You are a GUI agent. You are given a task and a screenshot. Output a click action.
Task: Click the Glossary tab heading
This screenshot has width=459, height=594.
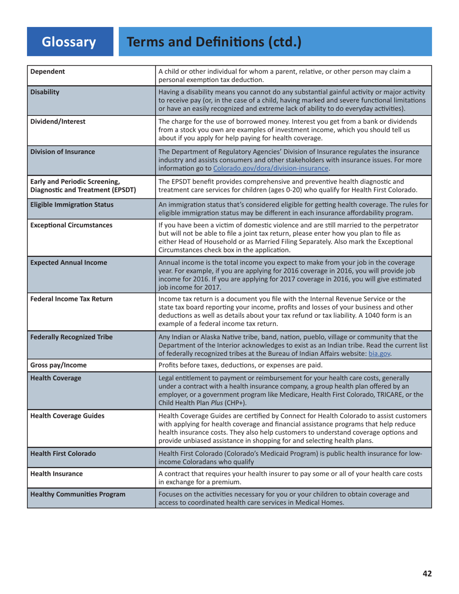pos(69,42)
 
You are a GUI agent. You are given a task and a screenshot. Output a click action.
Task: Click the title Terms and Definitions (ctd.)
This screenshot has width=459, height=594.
pos(214,42)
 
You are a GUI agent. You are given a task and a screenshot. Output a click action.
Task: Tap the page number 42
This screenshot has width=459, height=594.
pos(427,574)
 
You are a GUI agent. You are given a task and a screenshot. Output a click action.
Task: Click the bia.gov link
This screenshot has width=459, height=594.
pos(379,354)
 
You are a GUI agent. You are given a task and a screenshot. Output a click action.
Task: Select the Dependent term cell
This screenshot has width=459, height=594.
pos(47,72)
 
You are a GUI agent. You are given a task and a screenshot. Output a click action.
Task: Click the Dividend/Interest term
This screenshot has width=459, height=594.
pos(57,122)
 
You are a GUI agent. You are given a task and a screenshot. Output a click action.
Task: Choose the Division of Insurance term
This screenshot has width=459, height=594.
pos(62,152)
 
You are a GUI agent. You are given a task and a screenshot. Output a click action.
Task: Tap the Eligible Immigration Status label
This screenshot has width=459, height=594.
pos(72,204)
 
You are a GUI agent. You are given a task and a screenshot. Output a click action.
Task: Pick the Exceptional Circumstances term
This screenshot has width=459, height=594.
pos(71,225)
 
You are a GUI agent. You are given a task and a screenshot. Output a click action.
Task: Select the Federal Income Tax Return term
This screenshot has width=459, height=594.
pos(71,298)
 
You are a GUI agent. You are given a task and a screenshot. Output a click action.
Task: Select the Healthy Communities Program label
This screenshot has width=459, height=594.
pos(77,494)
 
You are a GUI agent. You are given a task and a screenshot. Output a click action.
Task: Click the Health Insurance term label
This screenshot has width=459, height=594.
pos(56,474)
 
